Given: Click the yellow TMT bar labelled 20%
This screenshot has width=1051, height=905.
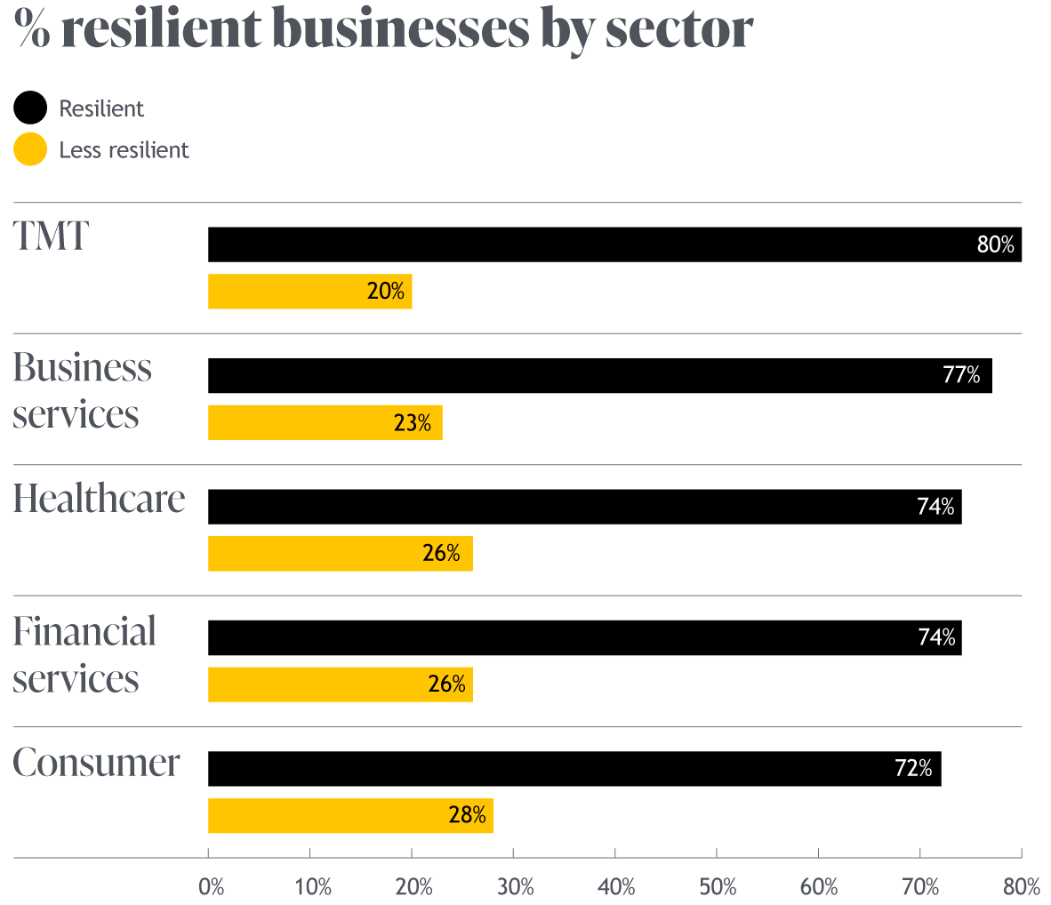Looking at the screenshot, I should [x=309, y=292].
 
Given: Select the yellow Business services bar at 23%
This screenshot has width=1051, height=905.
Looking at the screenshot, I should [x=325, y=422].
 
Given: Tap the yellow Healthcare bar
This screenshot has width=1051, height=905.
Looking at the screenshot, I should [x=340, y=554].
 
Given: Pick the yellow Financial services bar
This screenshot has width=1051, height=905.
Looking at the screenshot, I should [x=340, y=685].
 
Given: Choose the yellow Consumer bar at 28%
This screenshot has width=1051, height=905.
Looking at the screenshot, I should [x=350, y=816].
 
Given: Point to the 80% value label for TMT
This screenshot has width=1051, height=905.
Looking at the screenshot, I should [x=995, y=245].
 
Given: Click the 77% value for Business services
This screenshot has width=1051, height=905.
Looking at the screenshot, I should [x=961, y=376].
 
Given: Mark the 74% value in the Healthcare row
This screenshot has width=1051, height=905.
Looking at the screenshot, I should [x=935, y=507].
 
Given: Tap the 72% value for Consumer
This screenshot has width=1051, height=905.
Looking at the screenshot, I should [x=913, y=768].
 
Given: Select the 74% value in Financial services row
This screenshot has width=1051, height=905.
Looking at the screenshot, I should [x=936, y=637].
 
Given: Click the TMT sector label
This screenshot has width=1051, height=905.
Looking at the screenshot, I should [x=51, y=236].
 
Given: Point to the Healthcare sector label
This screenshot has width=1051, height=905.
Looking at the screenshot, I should [x=99, y=499].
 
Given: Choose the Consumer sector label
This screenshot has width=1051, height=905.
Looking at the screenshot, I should [x=96, y=763].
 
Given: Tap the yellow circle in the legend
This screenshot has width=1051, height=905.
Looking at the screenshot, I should [x=30, y=149].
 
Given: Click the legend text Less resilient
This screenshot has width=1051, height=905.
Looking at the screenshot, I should [x=124, y=150].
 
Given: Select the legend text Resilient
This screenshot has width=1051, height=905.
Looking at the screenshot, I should [x=101, y=108].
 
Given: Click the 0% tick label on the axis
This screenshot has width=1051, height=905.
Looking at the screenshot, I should [x=212, y=886].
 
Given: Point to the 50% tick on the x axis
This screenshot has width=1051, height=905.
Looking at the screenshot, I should [x=718, y=886].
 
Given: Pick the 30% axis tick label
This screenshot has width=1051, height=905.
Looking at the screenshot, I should [x=515, y=886].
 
